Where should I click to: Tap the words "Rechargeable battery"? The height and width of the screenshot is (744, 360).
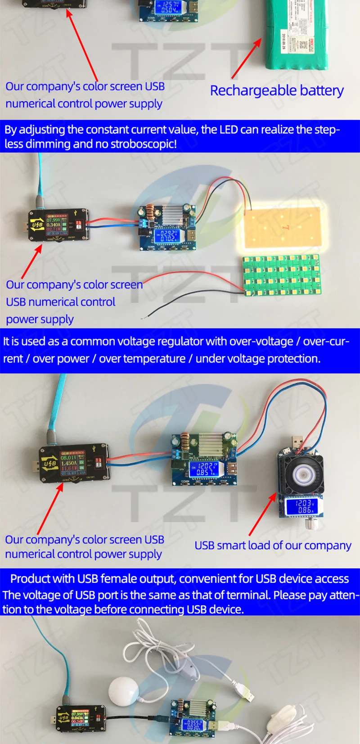point(277,90)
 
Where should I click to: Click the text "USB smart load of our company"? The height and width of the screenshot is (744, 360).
point(273,546)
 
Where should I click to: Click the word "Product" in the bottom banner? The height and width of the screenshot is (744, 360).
point(29,578)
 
